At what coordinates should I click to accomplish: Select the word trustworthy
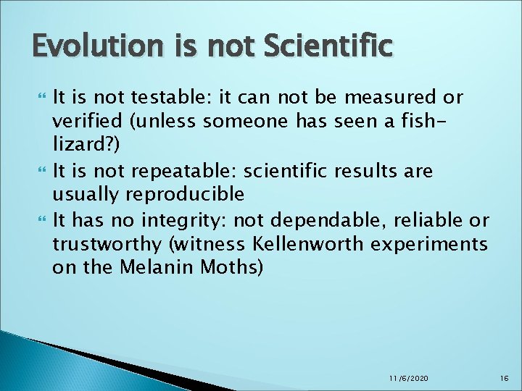click(x=96, y=243)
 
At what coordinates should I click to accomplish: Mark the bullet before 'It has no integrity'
click(x=40, y=219)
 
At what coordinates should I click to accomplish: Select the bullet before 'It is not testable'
click(x=40, y=96)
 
